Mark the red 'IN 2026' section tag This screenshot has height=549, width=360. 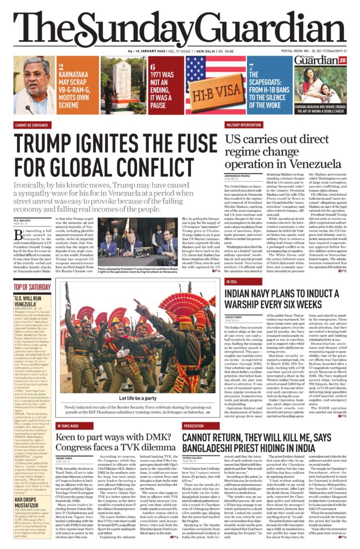tap(232, 281)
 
